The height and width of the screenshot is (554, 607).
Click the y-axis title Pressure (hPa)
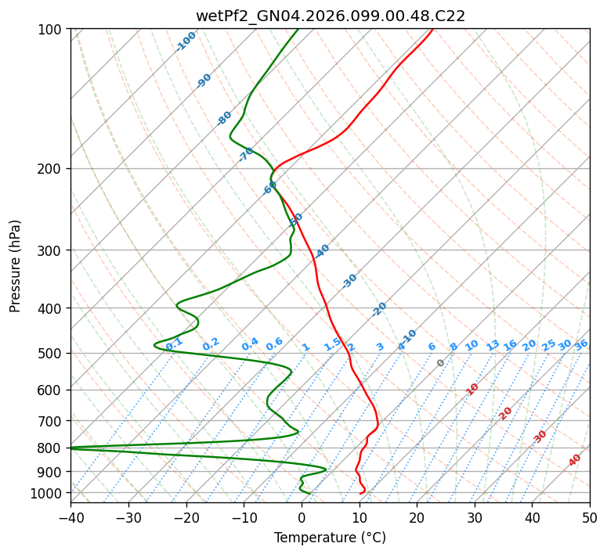point(15,265)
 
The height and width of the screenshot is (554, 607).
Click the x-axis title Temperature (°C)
point(330,538)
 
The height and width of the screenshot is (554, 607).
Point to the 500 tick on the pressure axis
point(50,354)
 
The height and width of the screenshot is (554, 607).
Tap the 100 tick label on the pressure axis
point(50,30)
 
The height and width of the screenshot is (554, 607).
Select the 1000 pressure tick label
point(47,493)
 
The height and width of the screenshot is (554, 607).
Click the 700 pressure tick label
point(50,421)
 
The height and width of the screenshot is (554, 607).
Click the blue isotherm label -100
point(186,41)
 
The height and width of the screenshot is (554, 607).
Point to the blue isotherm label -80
point(225,118)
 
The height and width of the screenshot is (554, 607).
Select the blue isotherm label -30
point(349,280)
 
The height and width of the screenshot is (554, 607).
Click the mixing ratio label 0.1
point(174,344)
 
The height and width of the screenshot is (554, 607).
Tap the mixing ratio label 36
point(581,344)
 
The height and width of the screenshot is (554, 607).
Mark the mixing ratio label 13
point(493,345)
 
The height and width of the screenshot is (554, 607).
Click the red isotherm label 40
point(575,460)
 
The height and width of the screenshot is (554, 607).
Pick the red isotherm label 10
point(472,389)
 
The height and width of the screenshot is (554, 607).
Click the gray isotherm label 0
point(441,363)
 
